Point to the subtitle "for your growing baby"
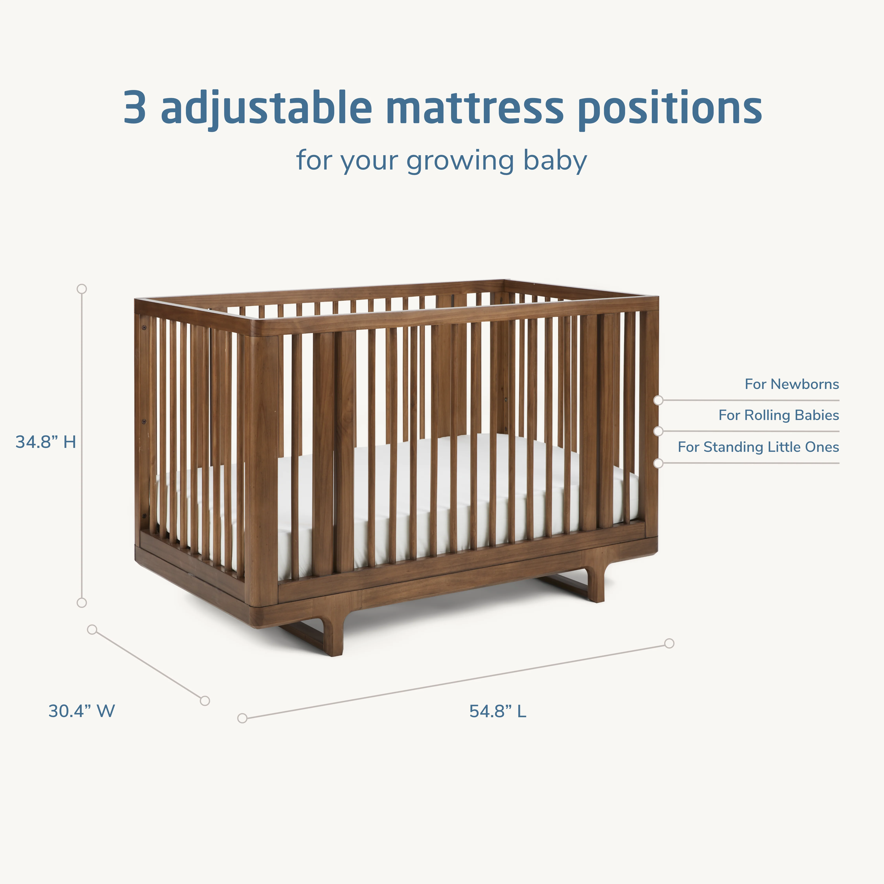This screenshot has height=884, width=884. [442, 161]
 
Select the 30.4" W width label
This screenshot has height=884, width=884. [82, 711]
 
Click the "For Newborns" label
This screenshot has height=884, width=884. [792, 384]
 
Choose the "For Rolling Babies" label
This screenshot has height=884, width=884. [778, 415]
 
